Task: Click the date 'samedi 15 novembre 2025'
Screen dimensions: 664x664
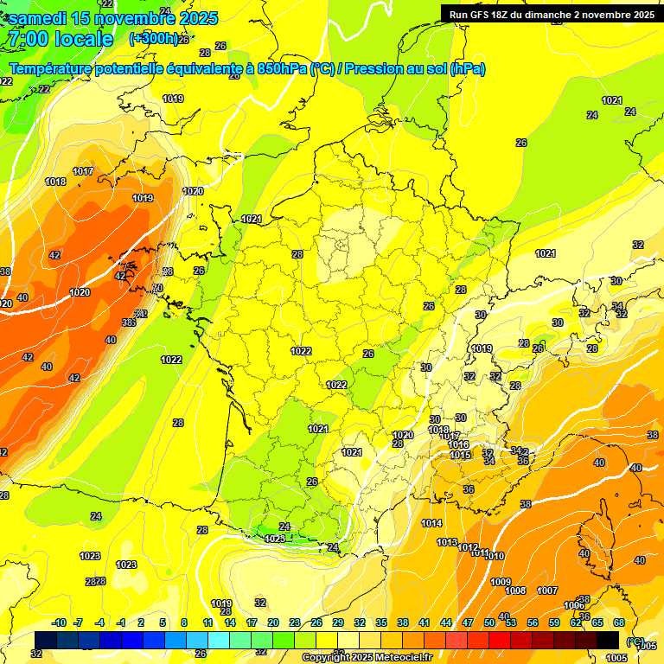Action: click(x=112, y=18)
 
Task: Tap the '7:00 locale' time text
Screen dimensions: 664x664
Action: click(x=59, y=39)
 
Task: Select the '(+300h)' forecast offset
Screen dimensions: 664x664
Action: click(x=154, y=39)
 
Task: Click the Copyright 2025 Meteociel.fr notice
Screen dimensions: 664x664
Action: click(x=367, y=657)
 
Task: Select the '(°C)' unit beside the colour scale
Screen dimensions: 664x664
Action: click(x=635, y=641)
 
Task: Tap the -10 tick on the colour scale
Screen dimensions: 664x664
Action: click(x=59, y=622)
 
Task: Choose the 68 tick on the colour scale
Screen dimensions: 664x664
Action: click(x=619, y=622)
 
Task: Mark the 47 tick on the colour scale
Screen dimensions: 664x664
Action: click(x=468, y=622)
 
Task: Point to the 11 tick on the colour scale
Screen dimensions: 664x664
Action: click(x=207, y=622)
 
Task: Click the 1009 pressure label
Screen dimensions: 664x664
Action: click(x=501, y=582)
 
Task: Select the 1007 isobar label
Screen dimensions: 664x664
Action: click(x=546, y=591)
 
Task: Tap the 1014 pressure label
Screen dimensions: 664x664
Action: click(x=431, y=523)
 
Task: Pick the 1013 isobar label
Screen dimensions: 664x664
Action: click(x=447, y=542)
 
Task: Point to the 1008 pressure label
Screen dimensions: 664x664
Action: click(x=515, y=591)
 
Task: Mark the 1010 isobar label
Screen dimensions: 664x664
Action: click(x=495, y=556)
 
